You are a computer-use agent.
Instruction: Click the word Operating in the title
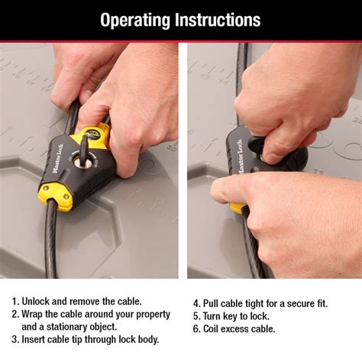[135, 21]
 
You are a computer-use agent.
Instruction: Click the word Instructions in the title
[218, 20]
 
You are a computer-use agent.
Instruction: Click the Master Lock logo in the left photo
[58, 158]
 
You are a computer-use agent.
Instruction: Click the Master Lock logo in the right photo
[240, 157]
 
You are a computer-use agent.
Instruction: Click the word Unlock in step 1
[35, 302]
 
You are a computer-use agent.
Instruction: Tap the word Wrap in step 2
[32, 315]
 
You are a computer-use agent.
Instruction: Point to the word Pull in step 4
[210, 303]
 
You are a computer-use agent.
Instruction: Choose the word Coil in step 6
[211, 329]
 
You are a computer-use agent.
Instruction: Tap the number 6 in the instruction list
[196, 329]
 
